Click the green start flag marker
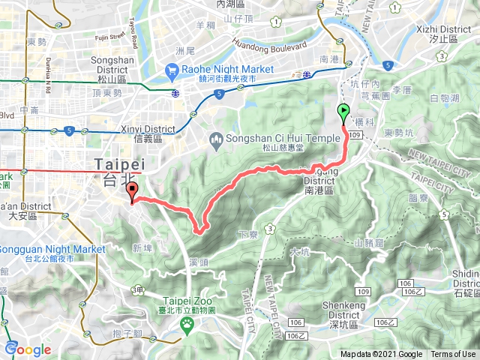(x=344, y=113)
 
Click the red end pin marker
(x=132, y=191)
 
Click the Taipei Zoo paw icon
(x=187, y=324)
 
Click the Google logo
(x=28, y=349)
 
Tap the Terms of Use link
(x=453, y=355)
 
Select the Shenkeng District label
(x=343, y=310)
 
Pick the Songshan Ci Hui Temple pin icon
(x=215, y=138)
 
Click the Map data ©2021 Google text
(x=381, y=355)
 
